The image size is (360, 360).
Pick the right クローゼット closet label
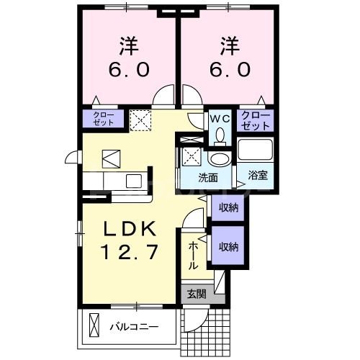click(256, 120)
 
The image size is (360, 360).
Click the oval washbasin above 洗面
click(219, 159)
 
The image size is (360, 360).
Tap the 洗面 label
click(210, 177)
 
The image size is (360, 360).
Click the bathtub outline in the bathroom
click(257, 152)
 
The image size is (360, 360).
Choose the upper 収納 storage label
click(229, 207)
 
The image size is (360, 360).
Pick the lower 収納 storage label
click(229, 246)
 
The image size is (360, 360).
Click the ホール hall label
click(193, 256)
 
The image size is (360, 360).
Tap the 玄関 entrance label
click(196, 294)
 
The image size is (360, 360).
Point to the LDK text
click(130, 228)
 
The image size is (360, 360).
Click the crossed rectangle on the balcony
click(92, 325)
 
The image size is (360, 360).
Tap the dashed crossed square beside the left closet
click(139, 120)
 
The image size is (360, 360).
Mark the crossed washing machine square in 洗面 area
click(192, 155)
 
